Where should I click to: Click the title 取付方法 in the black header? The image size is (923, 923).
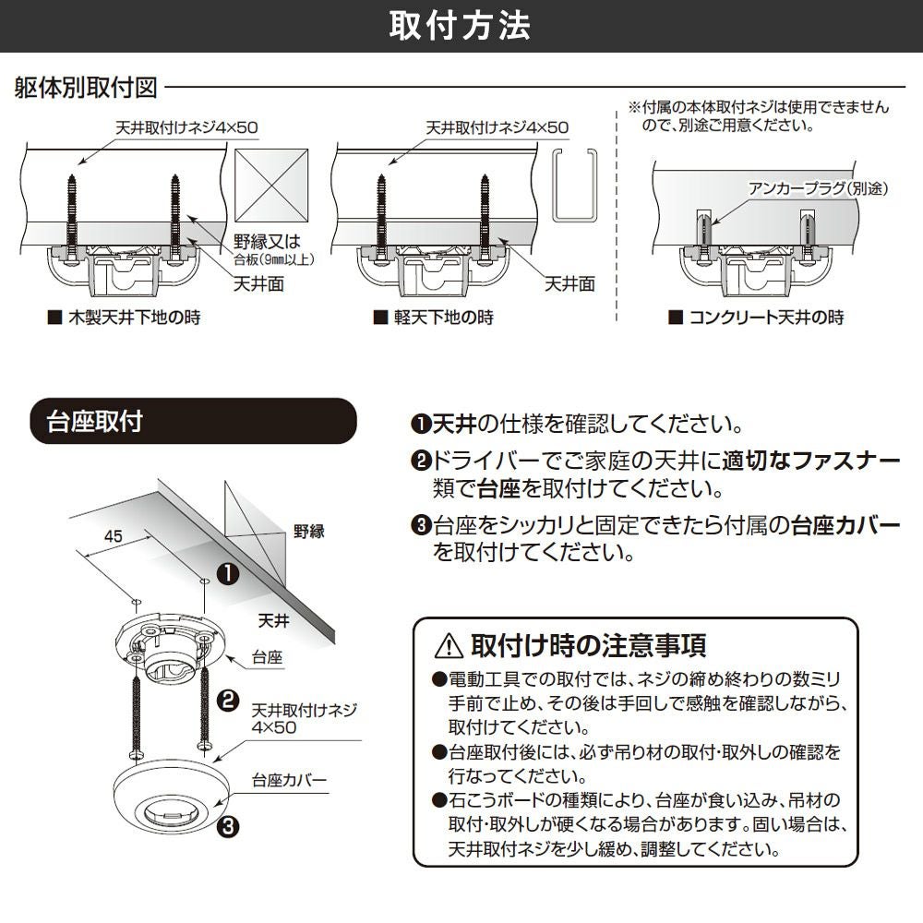point(461,26)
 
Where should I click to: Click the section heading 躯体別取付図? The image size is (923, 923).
point(87,89)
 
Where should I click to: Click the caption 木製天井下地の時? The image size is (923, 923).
point(134,318)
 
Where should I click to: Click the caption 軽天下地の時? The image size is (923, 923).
point(444,318)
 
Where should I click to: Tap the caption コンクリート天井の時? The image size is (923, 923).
point(765,318)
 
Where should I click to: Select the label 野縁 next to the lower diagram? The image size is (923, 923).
point(309,532)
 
